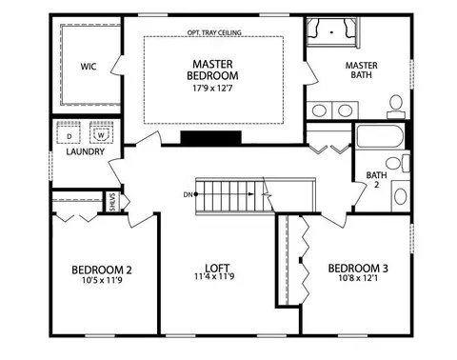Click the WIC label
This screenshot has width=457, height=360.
point(89,67)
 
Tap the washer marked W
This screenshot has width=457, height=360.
point(101,132)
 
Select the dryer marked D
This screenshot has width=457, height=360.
point(69,132)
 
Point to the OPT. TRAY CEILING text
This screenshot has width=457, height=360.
point(214,32)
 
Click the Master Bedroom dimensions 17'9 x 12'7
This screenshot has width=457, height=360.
point(212,88)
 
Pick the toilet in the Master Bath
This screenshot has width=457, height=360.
point(396,107)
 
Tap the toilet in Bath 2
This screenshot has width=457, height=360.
point(397,163)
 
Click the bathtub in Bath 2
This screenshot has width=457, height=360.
point(380,136)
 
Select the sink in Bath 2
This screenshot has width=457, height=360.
point(401,196)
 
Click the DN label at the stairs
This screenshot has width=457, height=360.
point(188,194)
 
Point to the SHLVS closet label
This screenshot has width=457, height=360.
point(112,202)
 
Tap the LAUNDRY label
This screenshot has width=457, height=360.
point(85,151)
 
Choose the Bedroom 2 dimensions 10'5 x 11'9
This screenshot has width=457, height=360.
point(102,280)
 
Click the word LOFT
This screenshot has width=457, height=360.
point(217,269)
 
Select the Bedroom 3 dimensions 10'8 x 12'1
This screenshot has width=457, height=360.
point(358,278)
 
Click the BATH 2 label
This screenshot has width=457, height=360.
point(376,180)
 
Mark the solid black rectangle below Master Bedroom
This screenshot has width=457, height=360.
point(211,137)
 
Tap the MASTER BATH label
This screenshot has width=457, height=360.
point(362,70)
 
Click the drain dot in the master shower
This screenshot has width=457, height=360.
point(331,32)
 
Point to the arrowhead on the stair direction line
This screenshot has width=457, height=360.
point(251,194)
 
